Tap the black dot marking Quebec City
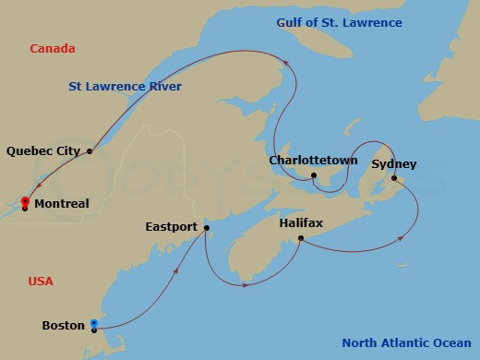coord(90,150)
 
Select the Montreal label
coord(61,204)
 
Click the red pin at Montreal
coord(25,201)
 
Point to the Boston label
coord(64,325)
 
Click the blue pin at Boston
coord(94,323)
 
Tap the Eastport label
coord(172,226)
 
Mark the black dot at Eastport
coord(206,227)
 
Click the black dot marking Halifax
coord(301,238)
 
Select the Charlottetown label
coord(313,161)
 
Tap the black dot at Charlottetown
coord(314,175)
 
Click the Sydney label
coord(394,164)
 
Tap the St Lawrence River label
coord(125,87)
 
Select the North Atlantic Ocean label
coord(407,343)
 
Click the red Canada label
coord(52,48)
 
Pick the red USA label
coord(41,281)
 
